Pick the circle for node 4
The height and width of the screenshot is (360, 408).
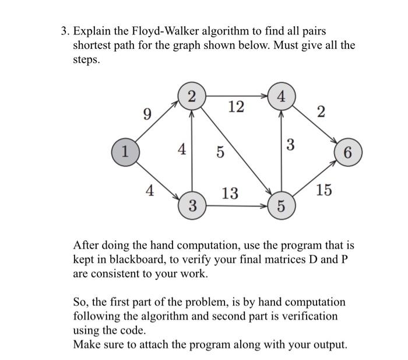pyautogui.click(x=282, y=96)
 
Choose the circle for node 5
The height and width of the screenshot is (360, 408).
pyautogui.click(x=282, y=205)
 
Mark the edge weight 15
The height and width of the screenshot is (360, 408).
pyautogui.click(x=325, y=190)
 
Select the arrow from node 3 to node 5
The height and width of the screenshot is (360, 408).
pyautogui.click(x=237, y=205)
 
